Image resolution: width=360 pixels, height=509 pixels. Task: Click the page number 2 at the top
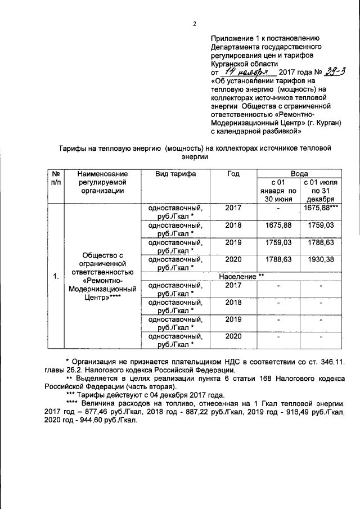[195, 24]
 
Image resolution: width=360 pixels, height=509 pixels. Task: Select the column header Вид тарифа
[175, 174]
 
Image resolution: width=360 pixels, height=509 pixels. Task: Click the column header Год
[233, 174]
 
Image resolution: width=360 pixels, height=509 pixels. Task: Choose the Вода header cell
[298, 174]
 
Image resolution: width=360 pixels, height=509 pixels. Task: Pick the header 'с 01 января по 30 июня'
[277, 191]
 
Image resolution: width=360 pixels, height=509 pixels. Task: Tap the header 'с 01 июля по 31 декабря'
[318, 191]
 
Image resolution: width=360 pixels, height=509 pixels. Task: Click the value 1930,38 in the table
[318, 259]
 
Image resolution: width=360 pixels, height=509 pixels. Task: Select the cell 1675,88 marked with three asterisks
[319, 208]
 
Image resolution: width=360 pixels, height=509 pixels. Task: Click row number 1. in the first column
[56, 277]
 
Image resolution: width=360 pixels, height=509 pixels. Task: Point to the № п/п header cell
[56, 179]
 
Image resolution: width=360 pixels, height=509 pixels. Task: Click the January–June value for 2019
[278, 242]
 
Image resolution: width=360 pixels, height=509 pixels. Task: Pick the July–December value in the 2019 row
[318, 242]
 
